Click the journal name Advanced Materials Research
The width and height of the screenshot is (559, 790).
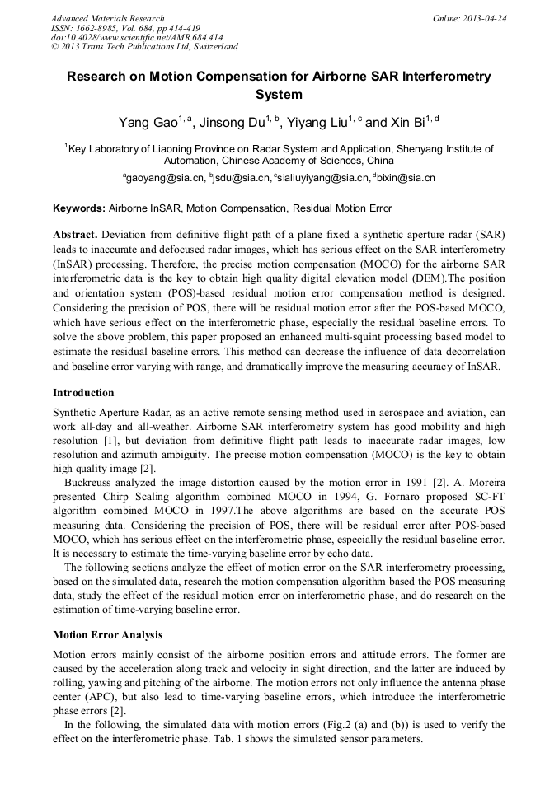click(107, 18)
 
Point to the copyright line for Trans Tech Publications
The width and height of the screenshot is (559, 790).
click(144, 47)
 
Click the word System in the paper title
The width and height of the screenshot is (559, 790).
click(279, 95)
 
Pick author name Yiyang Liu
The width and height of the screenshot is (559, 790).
click(325, 124)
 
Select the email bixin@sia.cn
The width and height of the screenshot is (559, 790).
click(405, 178)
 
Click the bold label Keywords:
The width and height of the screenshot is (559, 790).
click(79, 208)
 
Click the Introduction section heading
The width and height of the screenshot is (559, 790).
click(83, 392)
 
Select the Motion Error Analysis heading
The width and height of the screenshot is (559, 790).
click(108, 635)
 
